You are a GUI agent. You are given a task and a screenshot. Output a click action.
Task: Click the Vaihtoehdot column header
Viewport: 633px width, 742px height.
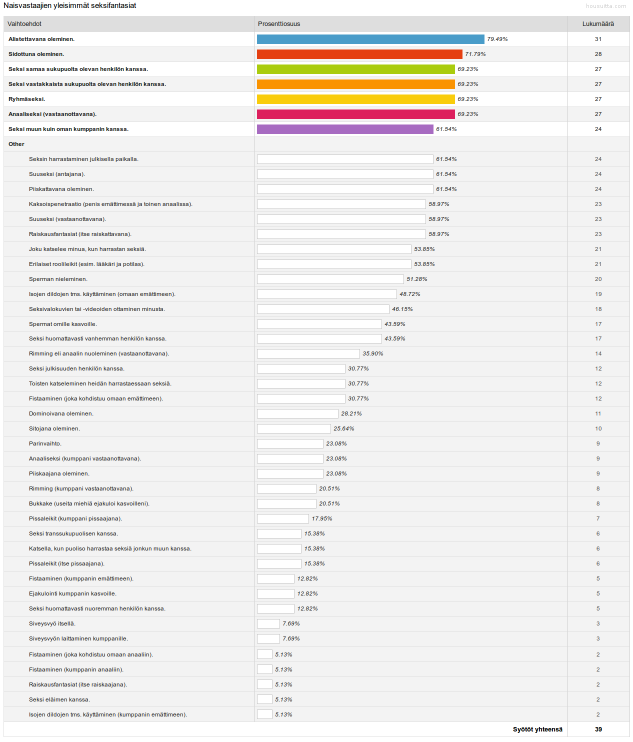24,24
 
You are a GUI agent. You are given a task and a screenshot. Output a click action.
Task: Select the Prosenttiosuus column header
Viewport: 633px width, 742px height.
279,24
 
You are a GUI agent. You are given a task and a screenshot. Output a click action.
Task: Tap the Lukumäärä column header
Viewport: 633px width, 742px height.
598,24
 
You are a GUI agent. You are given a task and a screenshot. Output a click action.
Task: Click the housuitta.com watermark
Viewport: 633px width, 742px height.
606,6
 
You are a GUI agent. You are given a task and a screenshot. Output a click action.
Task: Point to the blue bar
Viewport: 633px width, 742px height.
370,39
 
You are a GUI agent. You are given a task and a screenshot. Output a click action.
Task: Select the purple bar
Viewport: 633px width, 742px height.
345,129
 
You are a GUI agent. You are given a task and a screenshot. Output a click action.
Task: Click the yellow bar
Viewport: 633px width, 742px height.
355,99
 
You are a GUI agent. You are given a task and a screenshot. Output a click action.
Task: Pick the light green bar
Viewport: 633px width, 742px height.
355,69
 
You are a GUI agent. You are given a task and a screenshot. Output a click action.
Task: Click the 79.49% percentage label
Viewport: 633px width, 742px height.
497,39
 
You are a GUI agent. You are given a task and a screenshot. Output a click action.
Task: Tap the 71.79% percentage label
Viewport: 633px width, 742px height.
475,54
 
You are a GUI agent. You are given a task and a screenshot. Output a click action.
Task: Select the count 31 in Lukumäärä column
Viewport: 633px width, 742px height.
598,39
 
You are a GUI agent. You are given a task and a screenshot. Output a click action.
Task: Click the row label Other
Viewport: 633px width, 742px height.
16,144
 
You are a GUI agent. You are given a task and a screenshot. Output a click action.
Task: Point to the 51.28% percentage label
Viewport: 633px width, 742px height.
417,279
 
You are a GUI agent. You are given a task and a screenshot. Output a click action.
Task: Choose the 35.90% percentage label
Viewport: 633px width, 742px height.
373,353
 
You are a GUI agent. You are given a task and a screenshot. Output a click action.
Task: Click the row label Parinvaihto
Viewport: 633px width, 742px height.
45,443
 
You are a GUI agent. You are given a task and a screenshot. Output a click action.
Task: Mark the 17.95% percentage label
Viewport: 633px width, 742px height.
322,518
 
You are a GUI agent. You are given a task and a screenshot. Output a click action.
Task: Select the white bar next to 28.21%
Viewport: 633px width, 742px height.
297,413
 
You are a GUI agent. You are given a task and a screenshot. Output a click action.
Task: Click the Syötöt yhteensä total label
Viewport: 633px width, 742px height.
537,729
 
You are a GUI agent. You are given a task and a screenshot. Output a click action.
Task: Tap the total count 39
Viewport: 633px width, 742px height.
598,729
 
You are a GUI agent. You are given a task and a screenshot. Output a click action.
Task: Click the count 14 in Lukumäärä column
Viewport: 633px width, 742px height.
598,353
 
